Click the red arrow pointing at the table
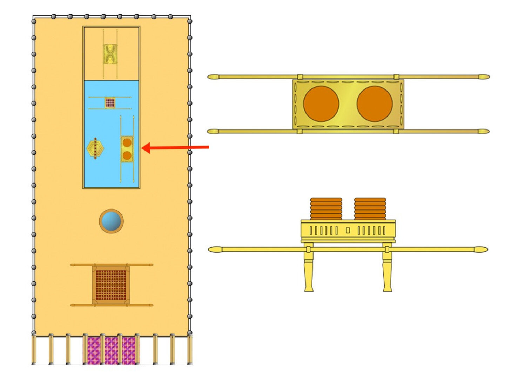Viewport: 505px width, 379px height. tap(175, 148)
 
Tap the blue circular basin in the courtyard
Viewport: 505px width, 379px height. tap(111, 221)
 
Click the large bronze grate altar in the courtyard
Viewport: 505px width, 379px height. tap(111, 285)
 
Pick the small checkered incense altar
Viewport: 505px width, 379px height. tap(110, 103)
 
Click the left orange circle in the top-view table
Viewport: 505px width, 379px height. tap(321, 104)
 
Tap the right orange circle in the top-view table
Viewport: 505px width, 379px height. tap(375, 104)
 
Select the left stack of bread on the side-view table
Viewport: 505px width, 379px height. tap(326, 209)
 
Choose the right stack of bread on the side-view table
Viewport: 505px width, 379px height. tap(370, 209)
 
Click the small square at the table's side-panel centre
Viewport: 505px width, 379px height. tap(348, 231)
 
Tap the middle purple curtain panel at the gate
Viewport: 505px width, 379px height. tap(111, 350)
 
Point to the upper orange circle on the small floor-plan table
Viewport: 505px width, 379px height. tap(127, 143)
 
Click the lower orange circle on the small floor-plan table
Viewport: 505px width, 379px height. tap(127, 155)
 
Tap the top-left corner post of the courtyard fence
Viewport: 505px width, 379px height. tap(34, 21)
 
